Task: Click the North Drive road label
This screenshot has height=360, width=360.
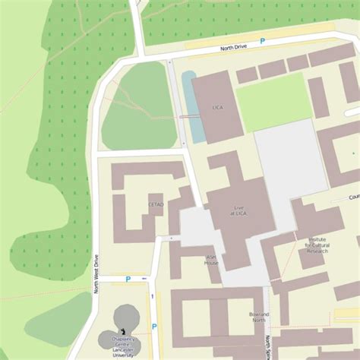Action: [x=234, y=47]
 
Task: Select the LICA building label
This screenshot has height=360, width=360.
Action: [x=217, y=108]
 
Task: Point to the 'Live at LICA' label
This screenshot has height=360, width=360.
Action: [x=239, y=210]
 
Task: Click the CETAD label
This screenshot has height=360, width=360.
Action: [x=156, y=204]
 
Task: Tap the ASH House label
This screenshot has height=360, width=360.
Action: [x=212, y=260]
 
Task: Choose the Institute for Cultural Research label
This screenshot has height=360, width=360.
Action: [x=317, y=245]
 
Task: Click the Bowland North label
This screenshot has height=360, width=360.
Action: [x=260, y=317]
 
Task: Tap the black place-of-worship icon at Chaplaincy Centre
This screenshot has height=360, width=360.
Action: [x=124, y=331]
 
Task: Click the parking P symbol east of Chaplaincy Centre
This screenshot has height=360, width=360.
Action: [x=154, y=327]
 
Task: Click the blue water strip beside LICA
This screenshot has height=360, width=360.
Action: [x=193, y=106]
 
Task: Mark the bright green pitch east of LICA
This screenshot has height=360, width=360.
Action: [x=273, y=101]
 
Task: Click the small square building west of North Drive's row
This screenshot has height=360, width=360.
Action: [x=246, y=75]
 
